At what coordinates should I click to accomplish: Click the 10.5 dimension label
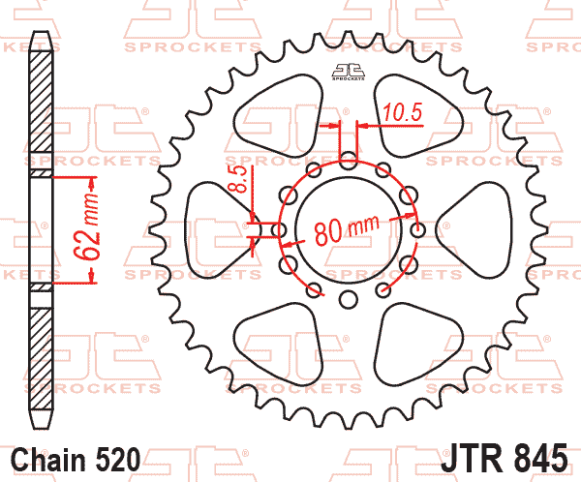[403, 112]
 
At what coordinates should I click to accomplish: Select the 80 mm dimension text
[347, 229]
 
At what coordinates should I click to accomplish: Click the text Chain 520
[76, 460]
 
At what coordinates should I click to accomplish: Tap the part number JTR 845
[504, 459]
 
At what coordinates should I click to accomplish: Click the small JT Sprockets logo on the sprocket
[348, 72]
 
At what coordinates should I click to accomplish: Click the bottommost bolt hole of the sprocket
[349, 299]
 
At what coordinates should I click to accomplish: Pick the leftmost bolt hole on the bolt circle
[279, 230]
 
